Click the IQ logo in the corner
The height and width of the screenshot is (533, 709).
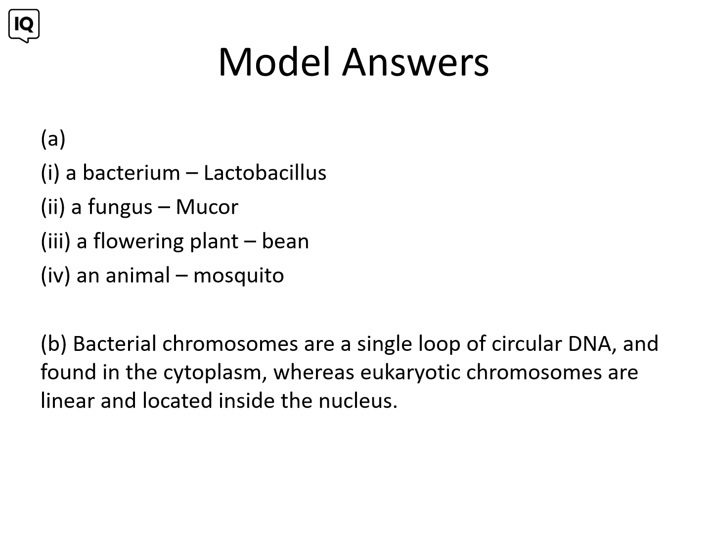click(x=24, y=26)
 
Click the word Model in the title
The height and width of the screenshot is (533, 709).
click(x=274, y=62)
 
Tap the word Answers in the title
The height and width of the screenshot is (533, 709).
click(x=415, y=62)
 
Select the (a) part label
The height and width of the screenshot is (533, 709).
click(x=53, y=139)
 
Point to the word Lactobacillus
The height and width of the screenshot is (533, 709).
click(x=265, y=173)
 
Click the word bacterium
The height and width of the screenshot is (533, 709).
click(x=132, y=173)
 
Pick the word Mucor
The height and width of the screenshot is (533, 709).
click(x=207, y=207)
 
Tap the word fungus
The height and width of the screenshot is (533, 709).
click(x=120, y=207)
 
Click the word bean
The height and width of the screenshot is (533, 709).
click(x=285, y=241)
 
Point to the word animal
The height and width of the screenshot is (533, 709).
click(x=137, y=275)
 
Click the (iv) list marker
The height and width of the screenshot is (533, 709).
click(x=55, y=276)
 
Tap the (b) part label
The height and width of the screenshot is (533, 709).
click(x=53, y=343)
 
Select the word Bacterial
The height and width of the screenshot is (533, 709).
click(x=115, y=343)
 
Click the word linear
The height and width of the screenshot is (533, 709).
click(x=68, y=401)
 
